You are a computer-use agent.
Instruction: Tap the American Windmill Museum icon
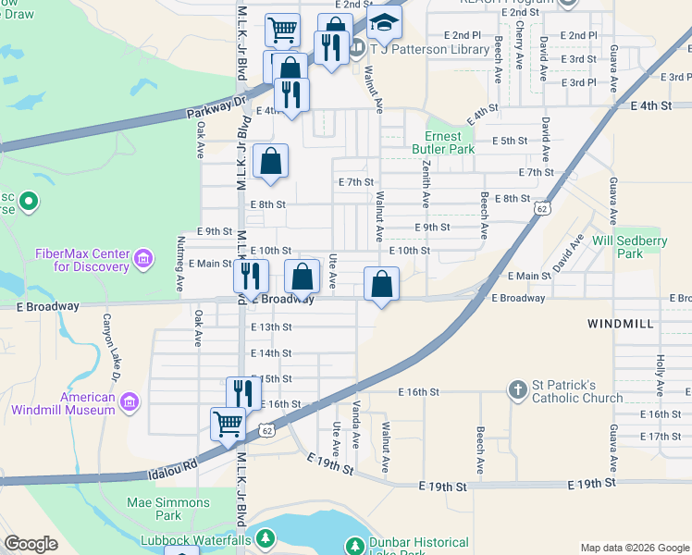pos(130,402)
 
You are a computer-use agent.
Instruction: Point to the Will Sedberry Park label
pos(617,246)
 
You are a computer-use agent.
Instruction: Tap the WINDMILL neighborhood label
pos(621,324)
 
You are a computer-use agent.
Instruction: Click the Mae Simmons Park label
pos(168,509)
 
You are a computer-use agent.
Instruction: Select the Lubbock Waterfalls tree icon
pos(266,538)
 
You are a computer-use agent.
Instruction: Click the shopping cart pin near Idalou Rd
pos(228,425)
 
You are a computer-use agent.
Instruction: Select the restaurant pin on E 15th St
pos(243,393)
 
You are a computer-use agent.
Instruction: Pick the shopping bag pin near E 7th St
pos(270,161)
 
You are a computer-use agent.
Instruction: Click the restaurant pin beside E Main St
pos(250,276)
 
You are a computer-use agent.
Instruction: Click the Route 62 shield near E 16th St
pos(266,430)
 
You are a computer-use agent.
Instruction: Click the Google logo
pos(31,545)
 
